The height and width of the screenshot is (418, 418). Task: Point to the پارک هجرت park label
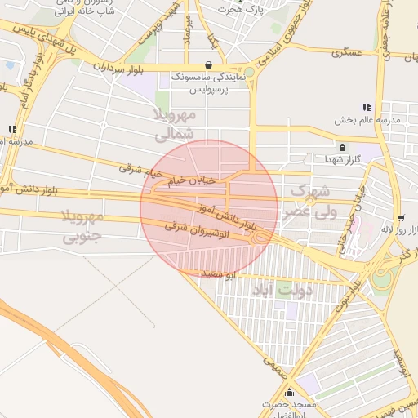(242, 10)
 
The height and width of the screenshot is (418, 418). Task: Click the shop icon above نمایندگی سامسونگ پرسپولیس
(210, 64)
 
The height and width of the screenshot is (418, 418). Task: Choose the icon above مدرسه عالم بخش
(367, 107)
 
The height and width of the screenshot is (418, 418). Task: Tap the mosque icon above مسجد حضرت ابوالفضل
(289, 393)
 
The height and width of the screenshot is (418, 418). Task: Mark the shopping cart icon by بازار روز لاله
(401, 219)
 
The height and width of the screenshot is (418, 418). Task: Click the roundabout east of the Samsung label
(249, 72)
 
